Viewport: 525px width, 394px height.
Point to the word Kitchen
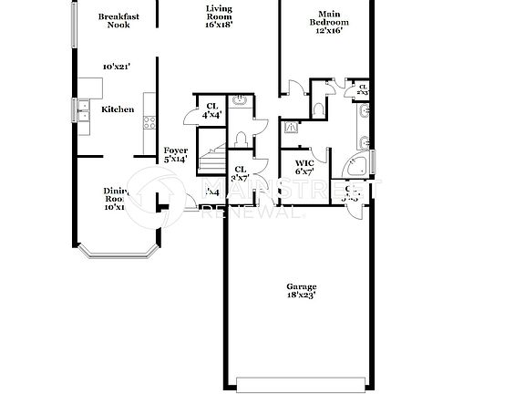[x=118, y=109]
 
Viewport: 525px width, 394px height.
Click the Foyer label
[x=175, y=154]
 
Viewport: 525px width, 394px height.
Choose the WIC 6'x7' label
[x=304, y=167]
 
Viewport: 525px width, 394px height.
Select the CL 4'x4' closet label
[x=211, y=110]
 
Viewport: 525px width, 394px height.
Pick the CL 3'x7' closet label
[x=241, y=173]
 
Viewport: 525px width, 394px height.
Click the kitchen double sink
[x=83, y=110]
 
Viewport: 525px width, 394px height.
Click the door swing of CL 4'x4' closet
[x=190, y=115]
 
